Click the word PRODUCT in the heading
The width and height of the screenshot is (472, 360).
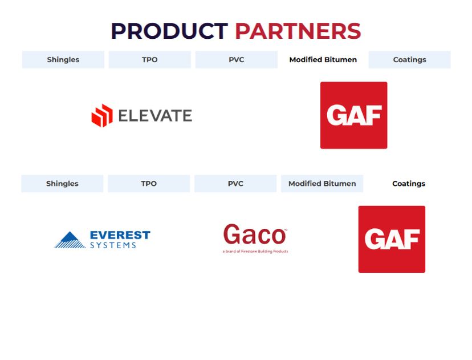pos(169,31)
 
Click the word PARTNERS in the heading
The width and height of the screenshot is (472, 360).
pos(298,31)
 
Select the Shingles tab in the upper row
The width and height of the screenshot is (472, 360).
pos(63,60)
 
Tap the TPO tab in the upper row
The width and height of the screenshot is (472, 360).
pos(149,60)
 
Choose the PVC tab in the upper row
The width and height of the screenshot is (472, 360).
pos(237,60)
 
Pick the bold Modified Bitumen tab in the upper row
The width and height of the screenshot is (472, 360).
pos(323,60)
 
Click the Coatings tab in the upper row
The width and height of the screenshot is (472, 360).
pos(410,60)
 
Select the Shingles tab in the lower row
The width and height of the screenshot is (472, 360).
pos(62,184)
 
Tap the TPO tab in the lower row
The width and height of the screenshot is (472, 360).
pos(149,184)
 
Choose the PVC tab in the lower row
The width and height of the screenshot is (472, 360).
pos(235,184)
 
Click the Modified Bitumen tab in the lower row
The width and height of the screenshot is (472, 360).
pos(322,184)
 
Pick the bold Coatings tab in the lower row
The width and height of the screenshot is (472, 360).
pos(409,184)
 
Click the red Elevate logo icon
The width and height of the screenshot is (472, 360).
pos(102,116)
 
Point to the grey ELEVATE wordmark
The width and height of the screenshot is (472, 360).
pos(155,116)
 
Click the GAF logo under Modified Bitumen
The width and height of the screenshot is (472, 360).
pos(353,115)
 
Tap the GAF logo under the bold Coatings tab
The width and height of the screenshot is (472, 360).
pos(392,239)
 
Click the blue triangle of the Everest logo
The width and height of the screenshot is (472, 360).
pos(70,240)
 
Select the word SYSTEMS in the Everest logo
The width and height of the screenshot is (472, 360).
pos(113,245)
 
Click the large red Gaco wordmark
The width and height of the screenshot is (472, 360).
pos(255,234)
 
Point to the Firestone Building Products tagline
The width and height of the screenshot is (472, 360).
pos(255,251)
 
